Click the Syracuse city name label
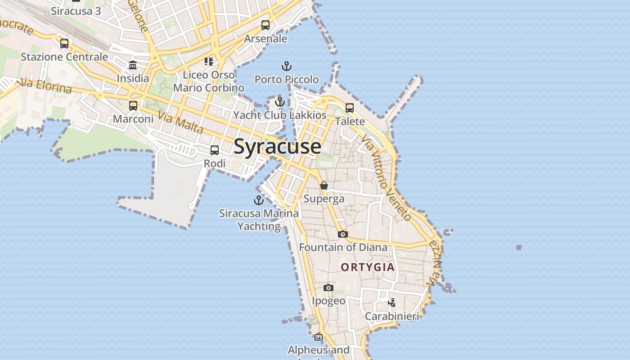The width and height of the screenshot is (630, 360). pos(277,147)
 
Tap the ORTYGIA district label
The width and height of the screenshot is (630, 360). pos(368,267)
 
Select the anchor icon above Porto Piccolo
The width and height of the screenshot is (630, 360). pos(287,67)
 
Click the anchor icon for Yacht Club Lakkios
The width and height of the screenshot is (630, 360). pos(280,102)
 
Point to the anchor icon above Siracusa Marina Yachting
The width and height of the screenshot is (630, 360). pos(259,200)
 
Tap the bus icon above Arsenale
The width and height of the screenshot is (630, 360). pos(265,25)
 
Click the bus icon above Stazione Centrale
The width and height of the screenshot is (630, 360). pos(64,44)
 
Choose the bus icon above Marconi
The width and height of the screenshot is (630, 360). pos(133,106)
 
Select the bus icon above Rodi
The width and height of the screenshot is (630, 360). pos(215,150)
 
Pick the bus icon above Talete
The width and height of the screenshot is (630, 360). pos(350,108)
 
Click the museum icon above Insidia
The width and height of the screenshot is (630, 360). pos(133,65)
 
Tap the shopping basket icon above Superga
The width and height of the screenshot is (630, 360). pos(324,185)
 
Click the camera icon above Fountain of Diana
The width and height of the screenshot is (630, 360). pos(343,234)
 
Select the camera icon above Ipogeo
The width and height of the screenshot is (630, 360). pos(329,288)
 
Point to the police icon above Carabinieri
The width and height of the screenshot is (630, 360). pos(392,303)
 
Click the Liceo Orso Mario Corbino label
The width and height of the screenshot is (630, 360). pos(209,81)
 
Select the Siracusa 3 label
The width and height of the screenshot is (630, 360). pos(76,11)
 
